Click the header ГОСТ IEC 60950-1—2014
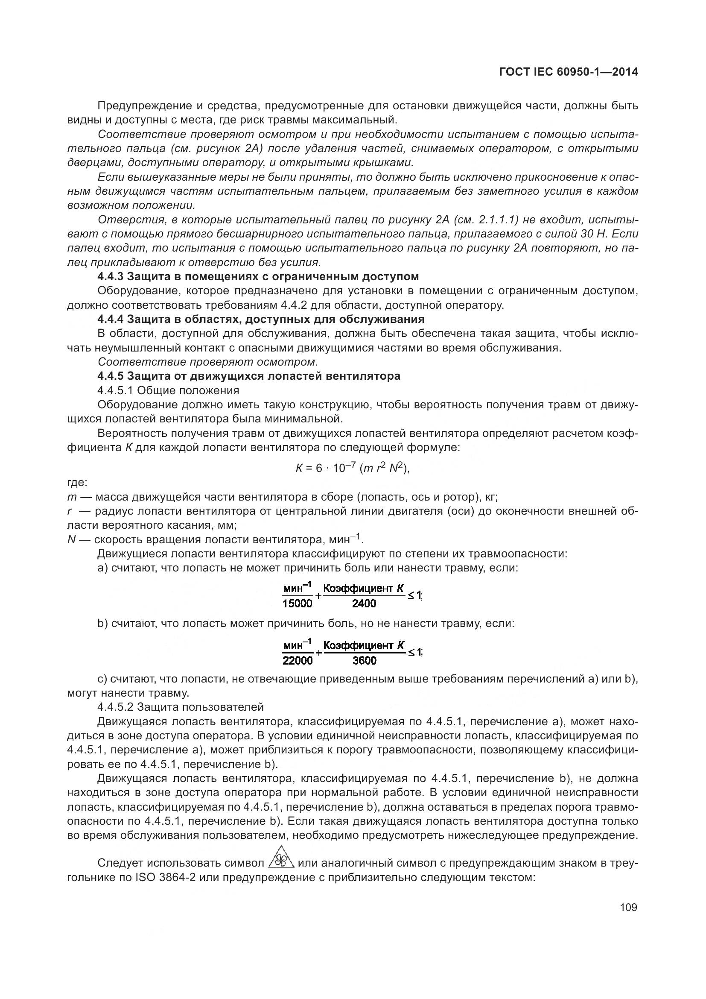coord(569,72)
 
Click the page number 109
coord(628,908)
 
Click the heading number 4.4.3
coord(111,276)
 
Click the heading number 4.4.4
coord(111,319)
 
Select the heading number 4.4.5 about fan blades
coord(111,376)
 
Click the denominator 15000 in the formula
coord(298,604)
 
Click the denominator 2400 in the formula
coord(364,604)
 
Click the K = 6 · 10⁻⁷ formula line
coord(353,468)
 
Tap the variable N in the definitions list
coord(72,540)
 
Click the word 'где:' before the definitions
coord(77,483)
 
